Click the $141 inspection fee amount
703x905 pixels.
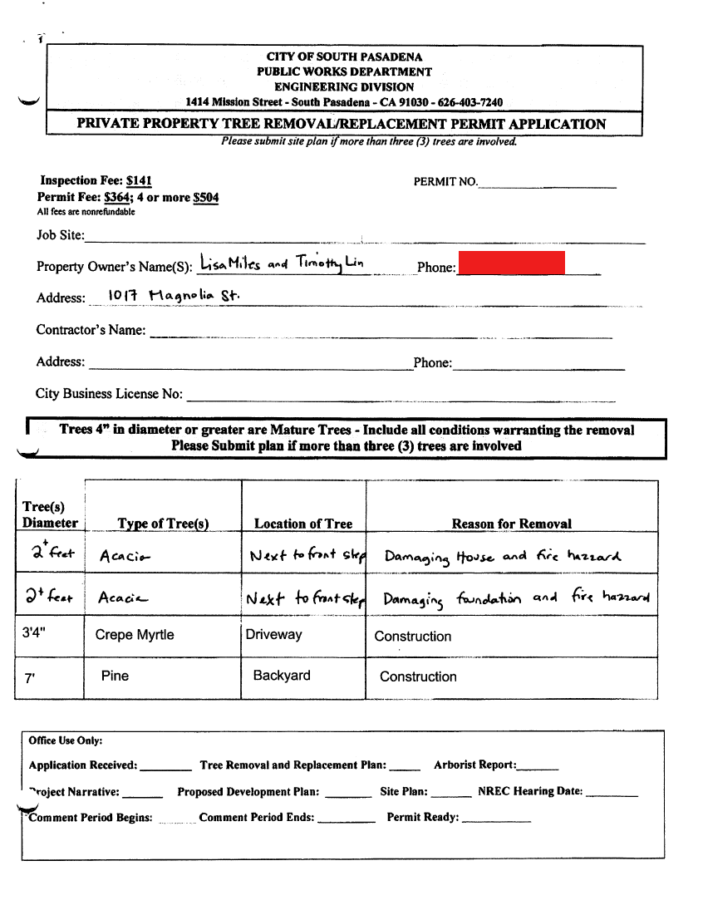139,180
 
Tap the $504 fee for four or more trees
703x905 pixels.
205,197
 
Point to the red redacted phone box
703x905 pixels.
511,263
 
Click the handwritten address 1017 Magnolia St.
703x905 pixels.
174,295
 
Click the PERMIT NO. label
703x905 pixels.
445,181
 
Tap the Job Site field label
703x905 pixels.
60,235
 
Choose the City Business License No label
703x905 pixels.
109,394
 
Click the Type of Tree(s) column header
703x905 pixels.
163,524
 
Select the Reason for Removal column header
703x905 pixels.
511,524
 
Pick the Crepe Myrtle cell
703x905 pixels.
135,635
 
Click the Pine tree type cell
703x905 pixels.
115,676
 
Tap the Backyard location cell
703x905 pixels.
282,676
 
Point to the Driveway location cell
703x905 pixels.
273,634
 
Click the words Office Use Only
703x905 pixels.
65,740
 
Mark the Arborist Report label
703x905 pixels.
474,765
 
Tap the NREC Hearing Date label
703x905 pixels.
530,791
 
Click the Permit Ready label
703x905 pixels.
422,818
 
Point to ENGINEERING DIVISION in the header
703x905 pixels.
344,86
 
